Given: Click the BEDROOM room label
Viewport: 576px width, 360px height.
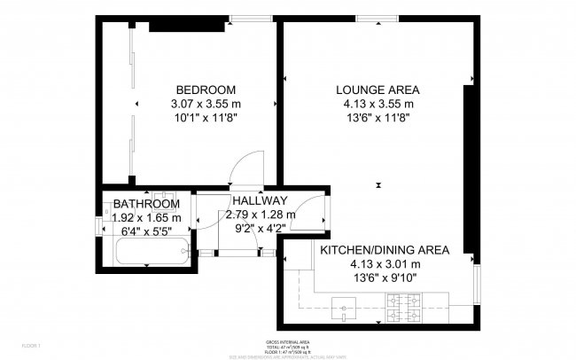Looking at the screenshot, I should point(206,90).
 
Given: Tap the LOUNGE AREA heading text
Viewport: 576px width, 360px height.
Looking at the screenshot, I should point(378,90).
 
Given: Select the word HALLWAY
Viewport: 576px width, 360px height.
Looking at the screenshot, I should point(259,200).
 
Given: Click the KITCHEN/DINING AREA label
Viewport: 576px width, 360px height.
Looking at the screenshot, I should point(384,250).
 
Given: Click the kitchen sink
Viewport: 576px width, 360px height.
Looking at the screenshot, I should point(343,309).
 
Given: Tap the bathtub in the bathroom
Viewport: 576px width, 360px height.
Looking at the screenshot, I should point(152,252).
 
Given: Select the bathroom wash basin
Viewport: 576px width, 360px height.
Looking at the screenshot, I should point(162,196).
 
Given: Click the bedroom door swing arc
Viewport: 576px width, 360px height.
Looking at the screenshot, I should point(248,164).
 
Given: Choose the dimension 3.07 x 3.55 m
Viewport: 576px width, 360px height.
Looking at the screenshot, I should point(206,104).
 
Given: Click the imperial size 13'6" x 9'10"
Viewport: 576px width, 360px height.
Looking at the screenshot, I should point(384,278).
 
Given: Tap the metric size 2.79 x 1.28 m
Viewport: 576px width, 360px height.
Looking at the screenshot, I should point(261,214).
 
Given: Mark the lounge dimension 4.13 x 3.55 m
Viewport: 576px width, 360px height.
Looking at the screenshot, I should point(378,104).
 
